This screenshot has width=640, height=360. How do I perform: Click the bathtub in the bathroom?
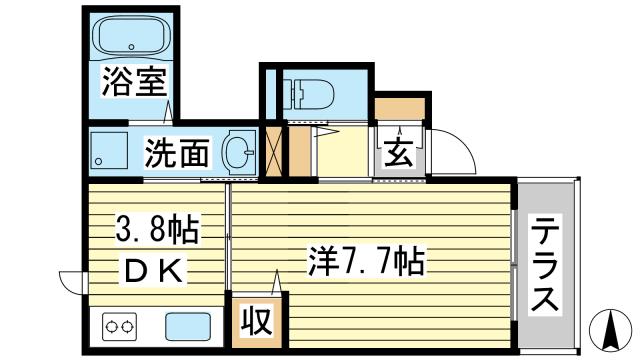[x=134, y=37]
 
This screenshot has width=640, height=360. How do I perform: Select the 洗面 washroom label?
[x=177, y=153]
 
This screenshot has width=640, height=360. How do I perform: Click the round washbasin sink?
[x=238, y=152]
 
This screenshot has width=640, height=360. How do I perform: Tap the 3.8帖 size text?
[x=151, y=231]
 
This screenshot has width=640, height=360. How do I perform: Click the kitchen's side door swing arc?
[x=71, y=283]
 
